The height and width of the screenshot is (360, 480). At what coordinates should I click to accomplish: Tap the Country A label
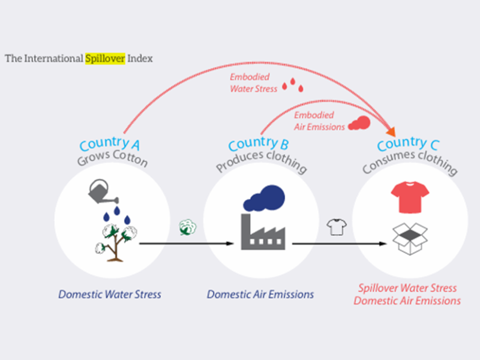[111, 143]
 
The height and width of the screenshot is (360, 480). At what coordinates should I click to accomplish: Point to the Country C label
[408, 144]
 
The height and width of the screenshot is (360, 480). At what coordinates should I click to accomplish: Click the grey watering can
[103, 191]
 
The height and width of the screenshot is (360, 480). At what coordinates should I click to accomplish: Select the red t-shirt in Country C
[410, 199]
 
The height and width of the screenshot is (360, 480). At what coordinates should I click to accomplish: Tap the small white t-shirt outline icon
[337, 227]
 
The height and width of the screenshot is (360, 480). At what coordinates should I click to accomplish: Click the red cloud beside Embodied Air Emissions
[359, 122]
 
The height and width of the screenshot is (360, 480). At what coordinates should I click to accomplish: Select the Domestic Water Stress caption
[110, 295]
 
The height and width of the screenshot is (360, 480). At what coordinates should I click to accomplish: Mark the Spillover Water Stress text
[407, 288]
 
